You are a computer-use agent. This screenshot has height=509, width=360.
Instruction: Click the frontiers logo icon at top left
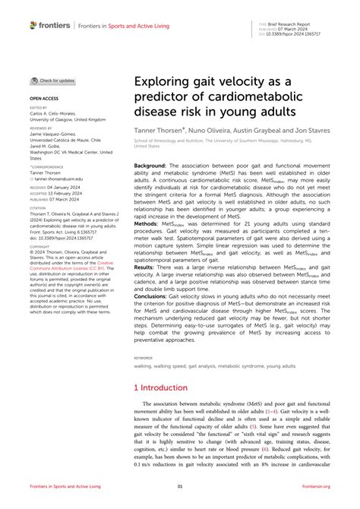[x=33, y=25]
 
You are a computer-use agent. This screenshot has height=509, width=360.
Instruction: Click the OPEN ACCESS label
[x=44, y=99]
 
